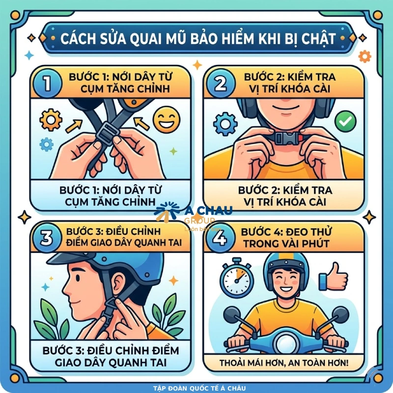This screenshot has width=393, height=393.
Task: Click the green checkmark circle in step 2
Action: pyautogui.click(x=343, y=119)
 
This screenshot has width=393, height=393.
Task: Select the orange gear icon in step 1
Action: pyautogui.click(x=51, y=120)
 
